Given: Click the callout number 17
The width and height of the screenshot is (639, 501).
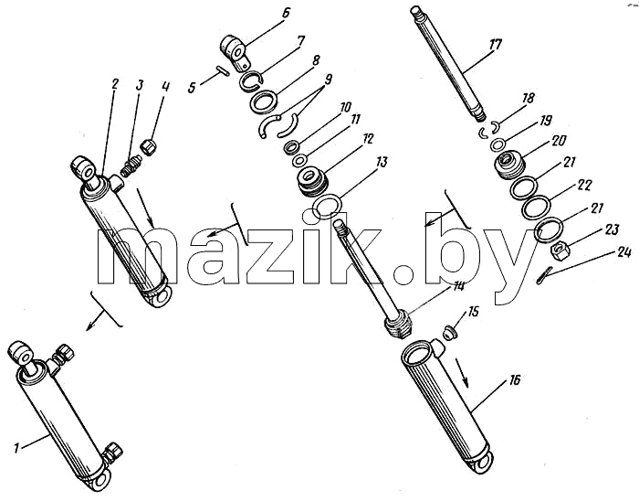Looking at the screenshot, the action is click(495, 45).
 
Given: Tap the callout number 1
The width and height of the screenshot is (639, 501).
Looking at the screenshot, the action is click(16, 449).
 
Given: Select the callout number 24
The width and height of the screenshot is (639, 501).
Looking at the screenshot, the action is click(623, 252).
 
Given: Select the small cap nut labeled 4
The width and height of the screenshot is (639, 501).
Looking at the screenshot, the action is click(149, 146).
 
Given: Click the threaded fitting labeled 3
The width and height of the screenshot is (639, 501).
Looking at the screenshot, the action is click(131, 167).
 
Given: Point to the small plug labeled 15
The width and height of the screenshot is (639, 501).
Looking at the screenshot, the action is click(450, 330).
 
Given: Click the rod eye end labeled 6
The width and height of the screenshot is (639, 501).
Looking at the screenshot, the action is click(236, 52).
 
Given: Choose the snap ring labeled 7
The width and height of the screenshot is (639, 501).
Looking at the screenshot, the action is click(248, 80).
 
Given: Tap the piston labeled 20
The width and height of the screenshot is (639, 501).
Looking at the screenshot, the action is click(509, 164).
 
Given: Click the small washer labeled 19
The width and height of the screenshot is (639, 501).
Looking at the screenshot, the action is click(498, 144).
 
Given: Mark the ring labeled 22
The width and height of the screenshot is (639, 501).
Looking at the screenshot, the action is click(536, 208).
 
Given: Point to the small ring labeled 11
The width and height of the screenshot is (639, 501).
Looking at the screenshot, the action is click(299, 160).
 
